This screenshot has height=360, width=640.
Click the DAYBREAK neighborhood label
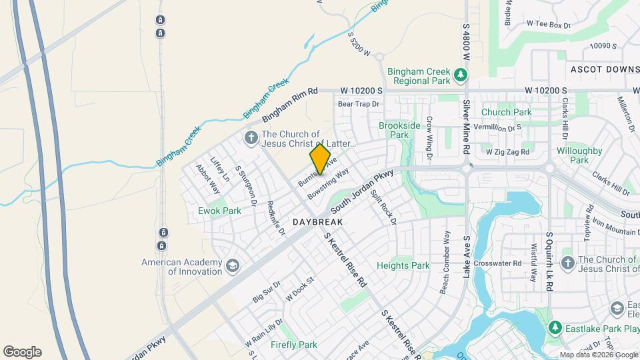tap(317, 221)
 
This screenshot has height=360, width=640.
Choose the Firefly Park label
tap(294, 345)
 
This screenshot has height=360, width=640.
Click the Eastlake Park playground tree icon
tap(555, 327)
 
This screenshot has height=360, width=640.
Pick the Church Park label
tap(507, 112)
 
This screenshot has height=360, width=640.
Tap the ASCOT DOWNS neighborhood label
tap(605, 69)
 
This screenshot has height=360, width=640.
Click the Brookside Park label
tap(399, 130)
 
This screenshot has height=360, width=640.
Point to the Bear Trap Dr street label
tap(358, 104)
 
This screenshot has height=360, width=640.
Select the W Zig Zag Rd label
tap(507, 152)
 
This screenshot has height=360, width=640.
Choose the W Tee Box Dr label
tap(549, 24)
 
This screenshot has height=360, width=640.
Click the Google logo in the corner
tap(22, 352)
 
